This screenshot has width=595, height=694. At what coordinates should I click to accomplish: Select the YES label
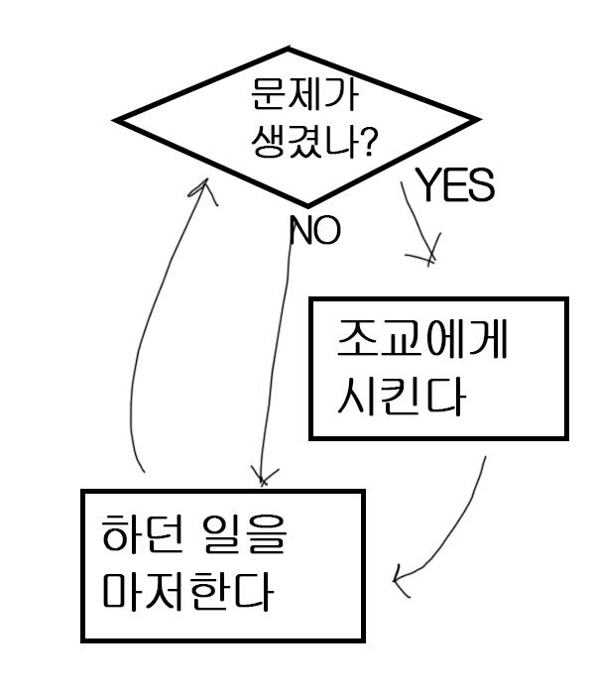[x=454, y=185]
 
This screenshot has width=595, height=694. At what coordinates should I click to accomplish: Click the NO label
[x=314, y=231]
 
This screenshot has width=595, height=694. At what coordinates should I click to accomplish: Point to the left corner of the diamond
[x=117, y=121]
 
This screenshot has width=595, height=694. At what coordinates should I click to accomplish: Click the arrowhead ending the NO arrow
[x=262, y=477]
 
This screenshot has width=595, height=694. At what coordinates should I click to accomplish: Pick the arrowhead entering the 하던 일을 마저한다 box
[x=399, y=581]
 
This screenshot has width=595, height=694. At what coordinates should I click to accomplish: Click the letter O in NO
[x=326, y=231]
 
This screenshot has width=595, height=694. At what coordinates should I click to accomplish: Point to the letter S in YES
[x=482, y=186]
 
